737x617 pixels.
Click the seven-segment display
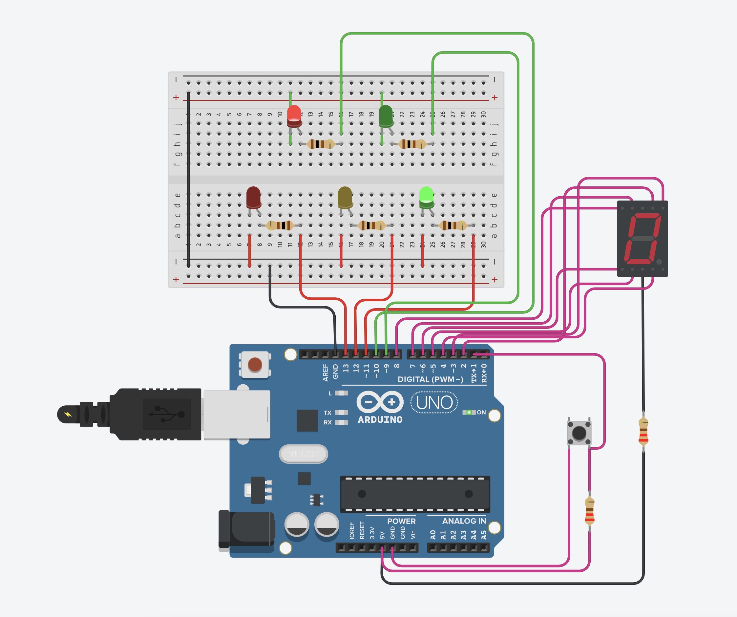(x=642, y=239)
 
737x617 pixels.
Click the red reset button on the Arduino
(x=255, y=365)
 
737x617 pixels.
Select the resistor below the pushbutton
(x=590, y=511)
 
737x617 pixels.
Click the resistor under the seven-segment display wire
(x=643, y=431)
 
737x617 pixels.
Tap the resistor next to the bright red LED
(x=320, y=144)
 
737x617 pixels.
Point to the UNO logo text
(x=434, y=403)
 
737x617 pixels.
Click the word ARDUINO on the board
(x=380, y=420)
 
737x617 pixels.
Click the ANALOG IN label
(x=464, y=521)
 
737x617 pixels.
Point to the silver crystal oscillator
(x=304, y=454)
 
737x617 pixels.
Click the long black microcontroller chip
(x=415, y=494)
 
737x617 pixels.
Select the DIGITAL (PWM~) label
(x=430, y=379)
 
